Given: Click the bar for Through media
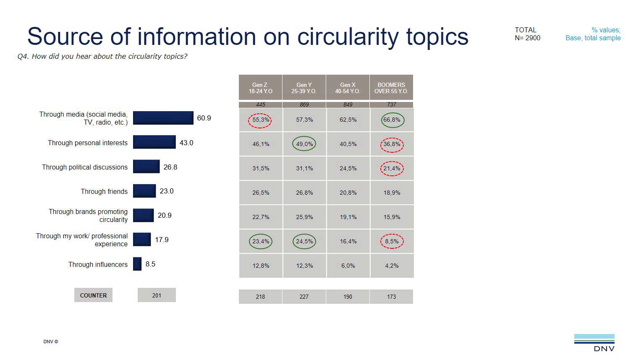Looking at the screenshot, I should point(163,118).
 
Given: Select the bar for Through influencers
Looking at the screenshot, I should point(137,264).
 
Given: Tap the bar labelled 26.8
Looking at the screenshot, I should point(146,167).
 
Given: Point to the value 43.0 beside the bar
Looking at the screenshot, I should point(186,143).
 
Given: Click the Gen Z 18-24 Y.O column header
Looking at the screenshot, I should point(260,88).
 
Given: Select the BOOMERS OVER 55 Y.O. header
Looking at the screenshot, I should point(391,88).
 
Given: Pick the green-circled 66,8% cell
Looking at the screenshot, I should point(392,120).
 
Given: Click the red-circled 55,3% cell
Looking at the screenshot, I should point(260,120).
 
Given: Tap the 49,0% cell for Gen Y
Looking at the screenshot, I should point(304,144).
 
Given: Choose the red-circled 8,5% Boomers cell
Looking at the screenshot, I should point(392,241).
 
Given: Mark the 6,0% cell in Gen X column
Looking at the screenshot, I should point(348,266).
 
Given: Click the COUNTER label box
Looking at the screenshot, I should point(93,295).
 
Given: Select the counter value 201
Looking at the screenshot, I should point(157,295).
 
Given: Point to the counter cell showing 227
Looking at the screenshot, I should point(304,297).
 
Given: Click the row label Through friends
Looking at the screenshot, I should point(104,191).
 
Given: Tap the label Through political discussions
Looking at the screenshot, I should point(85,167).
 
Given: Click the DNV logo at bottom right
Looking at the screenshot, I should point(594,343).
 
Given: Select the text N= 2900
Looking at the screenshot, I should point(528,38).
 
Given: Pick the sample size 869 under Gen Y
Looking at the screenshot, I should point(304,104).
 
